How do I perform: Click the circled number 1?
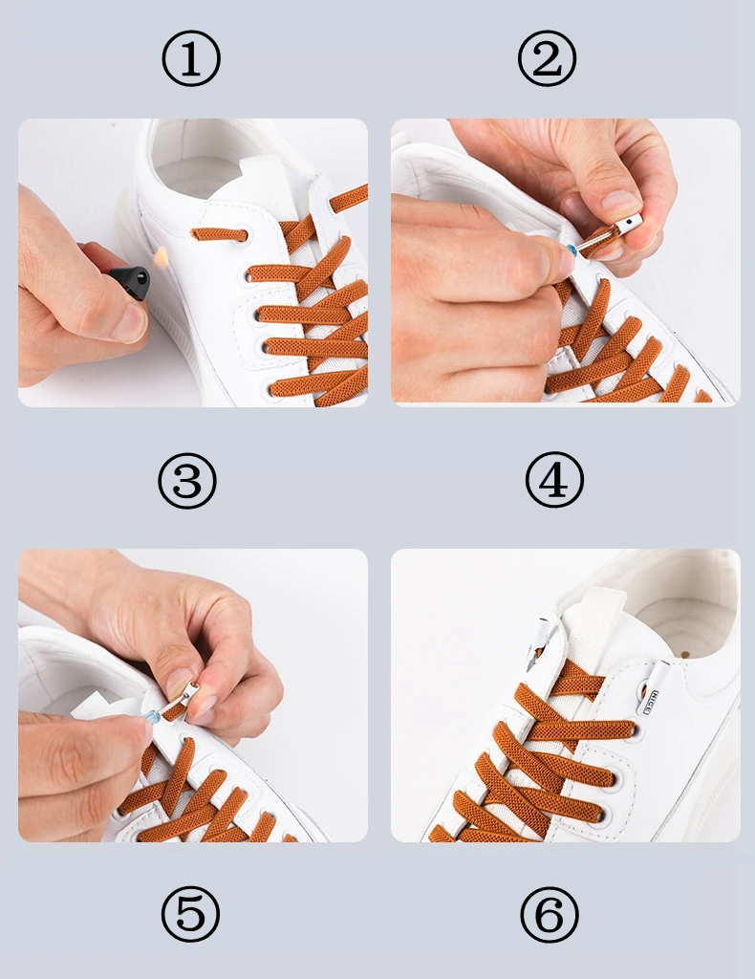pos(191,59)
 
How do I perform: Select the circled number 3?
pos(187,482)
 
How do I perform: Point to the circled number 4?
pos(553,482)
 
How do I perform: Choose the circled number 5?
pos(190,914)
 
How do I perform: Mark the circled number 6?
pos(550,914)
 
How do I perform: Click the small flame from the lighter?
pos(161,257)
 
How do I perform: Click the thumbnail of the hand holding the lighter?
pos(129,323)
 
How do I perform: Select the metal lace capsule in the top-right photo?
pos(621,228)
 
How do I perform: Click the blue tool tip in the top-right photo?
pos(571,250)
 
